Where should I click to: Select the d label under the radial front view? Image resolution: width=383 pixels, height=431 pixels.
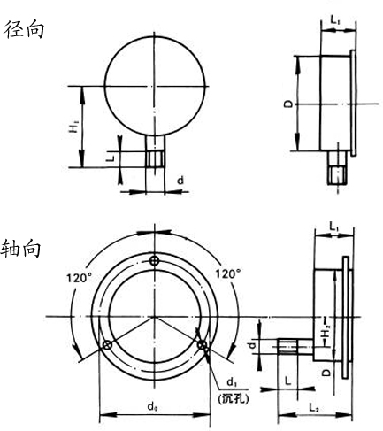pyautogui.click(x=180, y=181)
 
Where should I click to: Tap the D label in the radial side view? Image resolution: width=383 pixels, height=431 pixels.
pyautogui.click(x=287, y=104)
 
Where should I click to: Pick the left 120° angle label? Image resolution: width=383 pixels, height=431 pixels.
pyautogui.click(x=76, y=276)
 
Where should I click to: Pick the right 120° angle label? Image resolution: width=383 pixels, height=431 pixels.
pyautogui.click(x=228, y=274)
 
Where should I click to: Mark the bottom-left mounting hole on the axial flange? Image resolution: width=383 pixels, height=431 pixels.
pyautogui.click(x=106, y=345)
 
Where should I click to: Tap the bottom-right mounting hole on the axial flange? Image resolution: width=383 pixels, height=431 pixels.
pyautogui.click(x=203, y=345)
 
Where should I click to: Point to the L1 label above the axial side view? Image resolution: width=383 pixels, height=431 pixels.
pyautogui.click(x=333, y=228)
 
